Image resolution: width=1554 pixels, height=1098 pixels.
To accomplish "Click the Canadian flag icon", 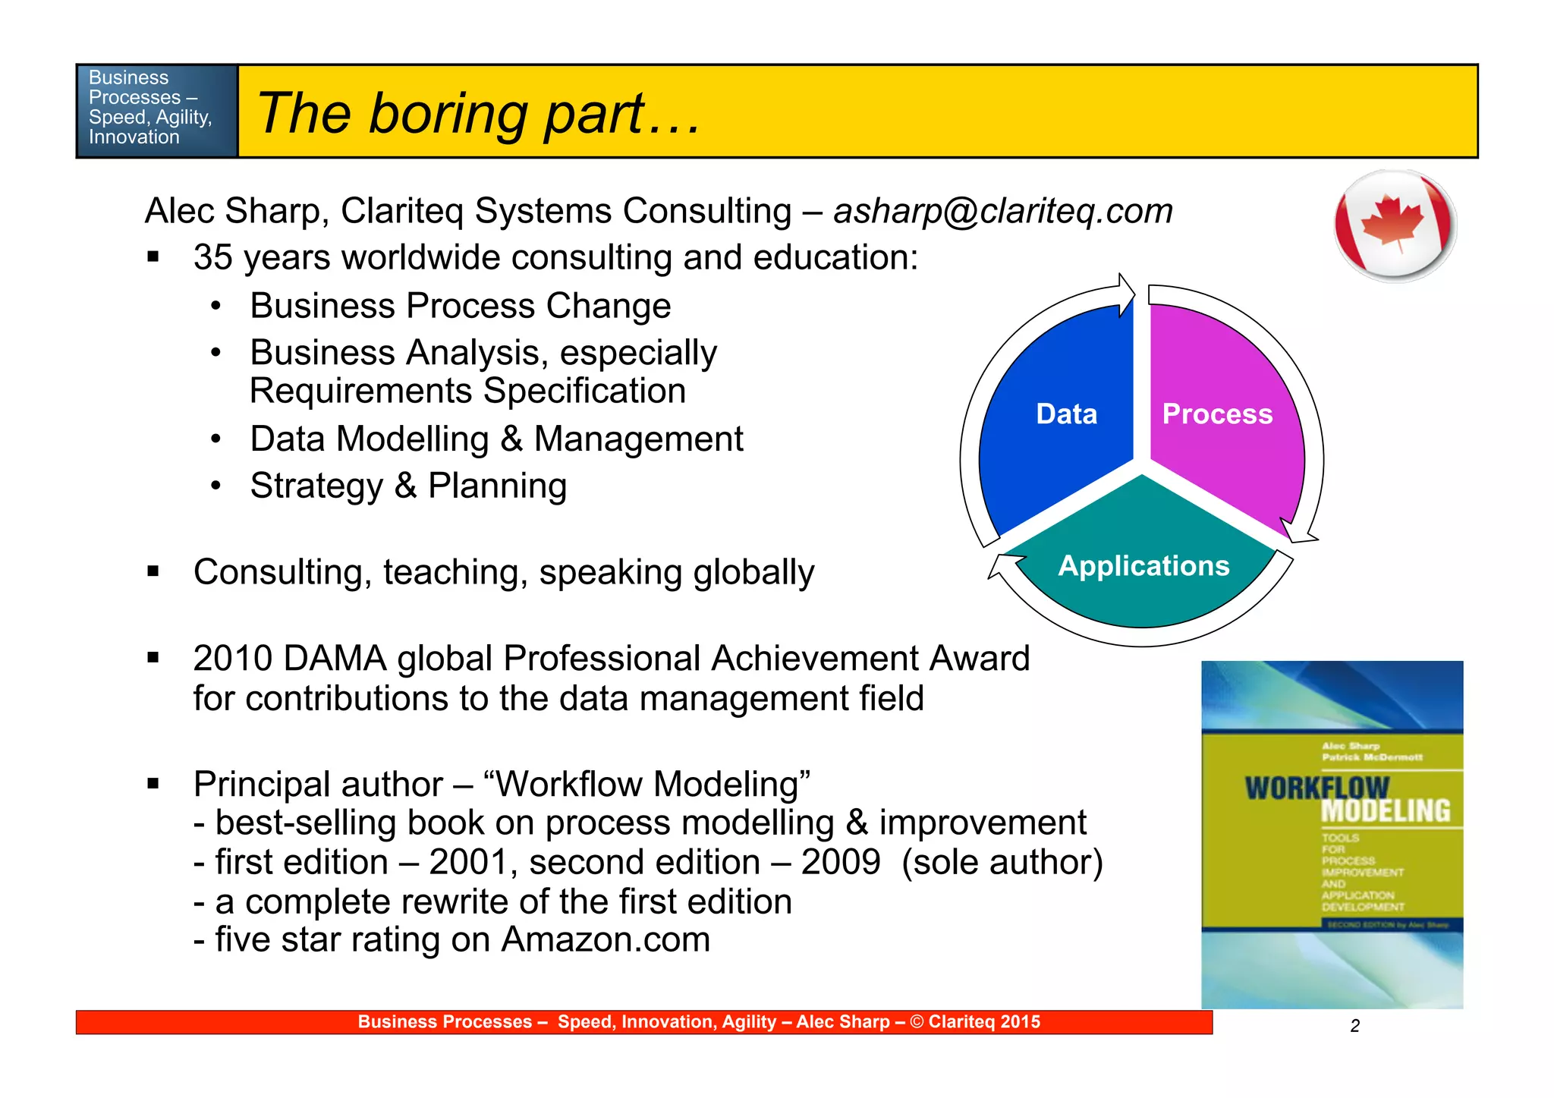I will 1395,225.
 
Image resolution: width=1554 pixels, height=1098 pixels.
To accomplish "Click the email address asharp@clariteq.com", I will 1002,211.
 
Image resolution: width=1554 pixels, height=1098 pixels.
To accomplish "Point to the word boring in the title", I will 449,113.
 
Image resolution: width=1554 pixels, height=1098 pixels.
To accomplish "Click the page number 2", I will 1354,1026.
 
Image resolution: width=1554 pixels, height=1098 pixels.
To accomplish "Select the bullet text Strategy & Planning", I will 408,486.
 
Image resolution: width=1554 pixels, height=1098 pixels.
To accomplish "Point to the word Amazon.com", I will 606,939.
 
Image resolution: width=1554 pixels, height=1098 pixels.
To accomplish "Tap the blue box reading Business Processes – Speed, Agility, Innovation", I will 157,111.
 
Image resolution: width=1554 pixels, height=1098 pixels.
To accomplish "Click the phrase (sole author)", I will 1002,862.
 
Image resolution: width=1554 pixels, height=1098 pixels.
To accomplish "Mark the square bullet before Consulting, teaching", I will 153,571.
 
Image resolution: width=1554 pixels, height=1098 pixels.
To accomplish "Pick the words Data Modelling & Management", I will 496,439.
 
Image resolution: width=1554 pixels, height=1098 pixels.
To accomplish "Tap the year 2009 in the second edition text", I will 840,862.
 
